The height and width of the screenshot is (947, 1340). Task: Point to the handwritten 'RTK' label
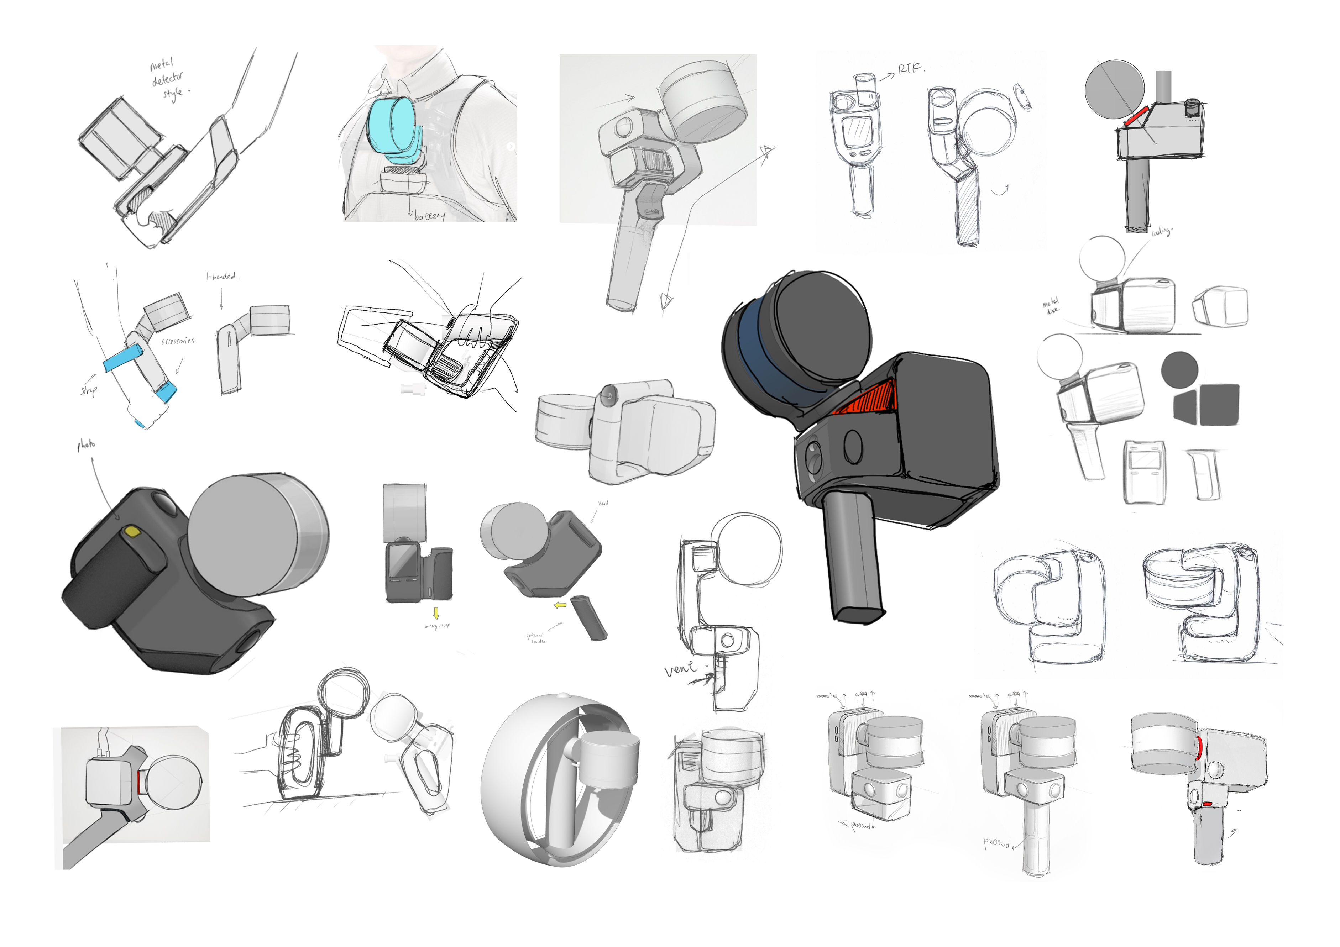tap(910, 69)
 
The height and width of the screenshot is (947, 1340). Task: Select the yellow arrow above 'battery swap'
tap(435, 613)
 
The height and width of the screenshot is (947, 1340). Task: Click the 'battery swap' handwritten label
tap(436, 626)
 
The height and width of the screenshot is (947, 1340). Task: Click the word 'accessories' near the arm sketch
tap(178, 341)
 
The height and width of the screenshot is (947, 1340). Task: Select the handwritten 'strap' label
tap(89, 390)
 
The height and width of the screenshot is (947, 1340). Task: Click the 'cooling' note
tap(1161, 232)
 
